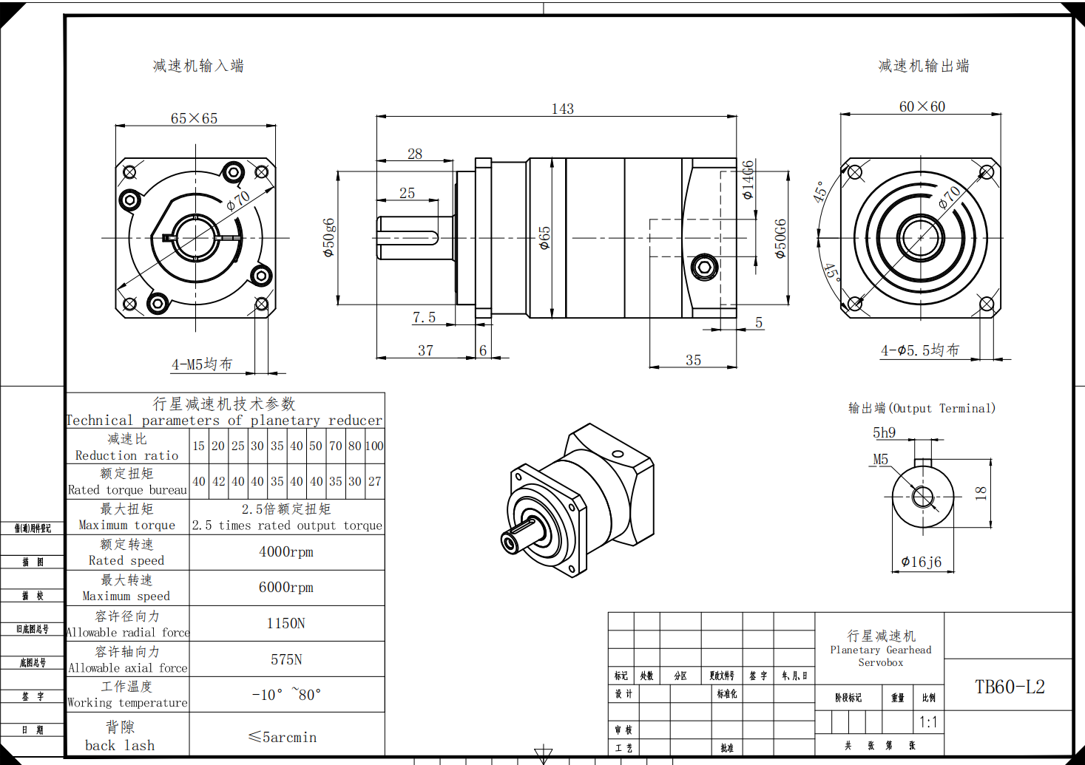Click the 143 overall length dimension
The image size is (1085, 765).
(x=562, y=109)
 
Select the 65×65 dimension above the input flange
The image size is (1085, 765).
(x=194, y=118)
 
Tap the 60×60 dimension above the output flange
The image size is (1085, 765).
(x=922, y=106)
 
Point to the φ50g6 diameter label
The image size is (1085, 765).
(x=329, y=237)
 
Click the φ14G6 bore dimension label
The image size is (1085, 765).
(x=748, y=180)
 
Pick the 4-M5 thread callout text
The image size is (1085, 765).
(x=202, y=364)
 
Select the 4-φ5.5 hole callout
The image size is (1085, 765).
(x=920, y=350)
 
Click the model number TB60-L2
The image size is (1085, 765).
(x=1010, y=687)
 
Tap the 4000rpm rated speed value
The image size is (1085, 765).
(x=286, y=552)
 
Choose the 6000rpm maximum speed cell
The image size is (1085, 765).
(x=286, y=588)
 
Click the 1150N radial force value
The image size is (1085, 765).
(x=286, y=624)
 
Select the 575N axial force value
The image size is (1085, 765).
(x=286, y=659)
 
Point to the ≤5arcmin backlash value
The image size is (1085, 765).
(x=283, y=737)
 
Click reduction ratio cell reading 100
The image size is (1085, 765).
(x=374, y=446)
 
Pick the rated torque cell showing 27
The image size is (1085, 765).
(x=375, y=481)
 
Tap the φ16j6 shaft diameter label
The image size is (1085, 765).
(x=922, y=562)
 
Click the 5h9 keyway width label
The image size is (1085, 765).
(x=884, y=432)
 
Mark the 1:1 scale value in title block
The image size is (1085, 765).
(x=928, y=721)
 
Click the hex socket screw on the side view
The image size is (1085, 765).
(x=704, y=267)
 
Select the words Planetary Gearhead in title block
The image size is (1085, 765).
(x=880, y=650)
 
